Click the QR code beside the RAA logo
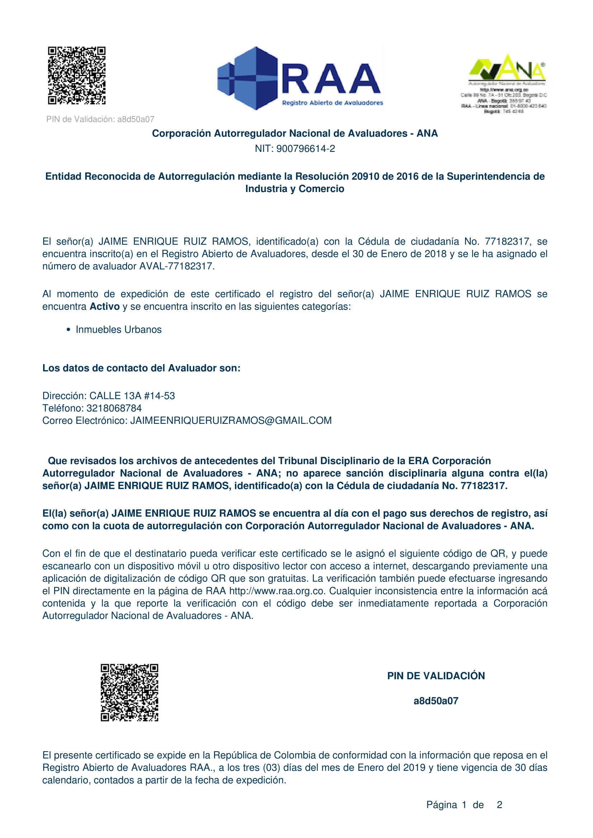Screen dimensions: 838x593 (x=77, y=76)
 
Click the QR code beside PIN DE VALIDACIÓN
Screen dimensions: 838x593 (x=129, y=693)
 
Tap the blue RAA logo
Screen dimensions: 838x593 (x=300, y=78)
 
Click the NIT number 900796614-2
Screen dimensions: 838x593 (x=305, y=149)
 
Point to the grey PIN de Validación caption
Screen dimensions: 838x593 (x=100, y=119)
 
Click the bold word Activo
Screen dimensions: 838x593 (x=104, y=307)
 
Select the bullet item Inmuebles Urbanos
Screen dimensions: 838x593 (x=118, y=330)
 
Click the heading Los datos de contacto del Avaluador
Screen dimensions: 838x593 (x=141, y=368)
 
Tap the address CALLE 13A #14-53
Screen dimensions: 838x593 (x=132, y=396)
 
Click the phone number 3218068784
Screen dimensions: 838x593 (x=114, y=408)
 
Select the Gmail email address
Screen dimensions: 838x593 (x=231, y=421)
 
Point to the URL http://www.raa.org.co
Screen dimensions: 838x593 (x=277, y=591)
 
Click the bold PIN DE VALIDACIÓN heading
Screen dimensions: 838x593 (x=436, y=676)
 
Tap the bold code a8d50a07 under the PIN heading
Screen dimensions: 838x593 (x=436, y=701)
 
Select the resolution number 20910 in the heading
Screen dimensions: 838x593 (x=365, y=176)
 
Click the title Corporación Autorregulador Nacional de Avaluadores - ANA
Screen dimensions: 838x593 (x=295, y=134)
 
